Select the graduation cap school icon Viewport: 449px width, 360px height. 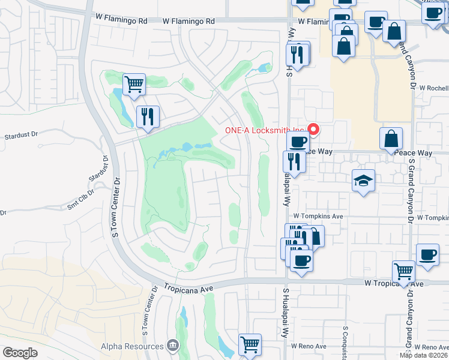coord(363,181)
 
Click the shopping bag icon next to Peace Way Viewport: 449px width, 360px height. coord(391,139)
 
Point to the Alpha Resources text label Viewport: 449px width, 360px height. coord(132,346)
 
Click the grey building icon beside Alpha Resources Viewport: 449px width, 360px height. coord(173,346)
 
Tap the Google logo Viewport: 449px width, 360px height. coord(20,353)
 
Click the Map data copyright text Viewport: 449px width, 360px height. coord(424,355)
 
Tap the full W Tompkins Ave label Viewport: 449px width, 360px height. coord(318,216)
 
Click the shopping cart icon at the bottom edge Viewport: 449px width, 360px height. coord(250,345)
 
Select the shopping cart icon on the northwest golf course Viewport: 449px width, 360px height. coord(134,84)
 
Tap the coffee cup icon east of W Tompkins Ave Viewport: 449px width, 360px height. coord(427,254)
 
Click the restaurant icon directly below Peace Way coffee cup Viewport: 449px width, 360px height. coord(294,161)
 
